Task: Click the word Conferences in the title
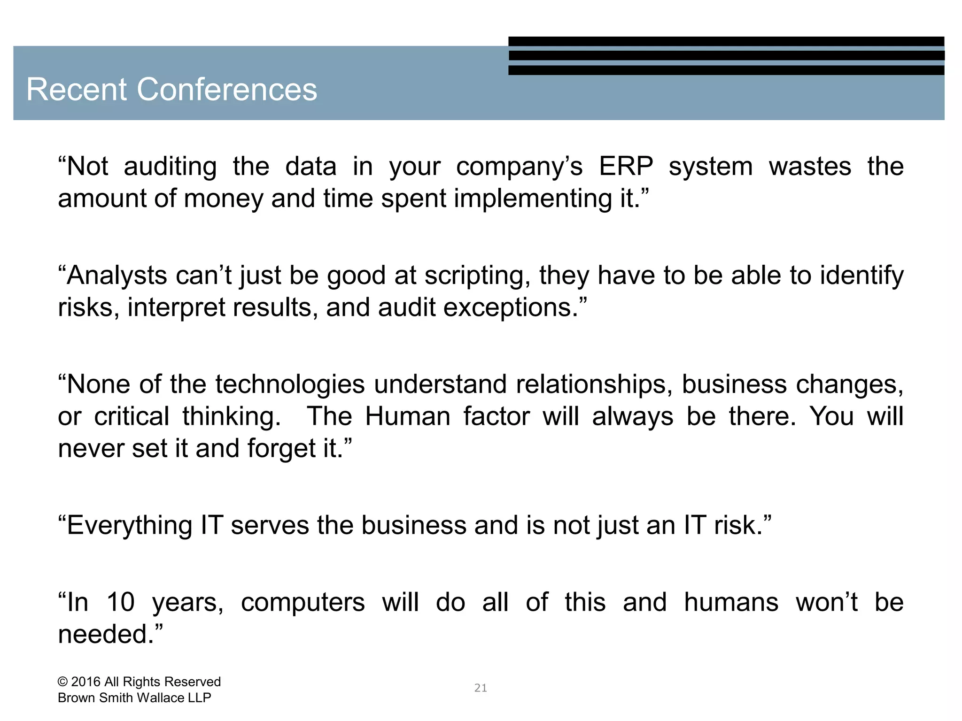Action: pyautogui.click(x=227, y=89)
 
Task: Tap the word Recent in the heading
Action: pyautogui.click(x=77, y=89)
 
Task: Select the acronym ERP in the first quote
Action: pyautogui.click(x=626, y=166)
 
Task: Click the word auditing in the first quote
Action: pyautogui.click(x=170, y=167)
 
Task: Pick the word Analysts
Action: pyautogui.click(x=116, y=276)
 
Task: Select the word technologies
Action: pyautogui.click(x=290, y=385)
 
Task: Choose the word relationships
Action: pyautogui.click(x=591, y=385)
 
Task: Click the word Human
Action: pyautogui.click(x=407, y=416)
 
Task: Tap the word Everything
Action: pyautogui.click(x=129, y=526)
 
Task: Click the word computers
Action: pyautogui.click(x=303, y=603)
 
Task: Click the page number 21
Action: pyautogui.click(x=481, y=688)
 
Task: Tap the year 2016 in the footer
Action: pyautogui.click(x=85, y=682)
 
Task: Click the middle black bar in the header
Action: pyautogui.click(x=726, y=55)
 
